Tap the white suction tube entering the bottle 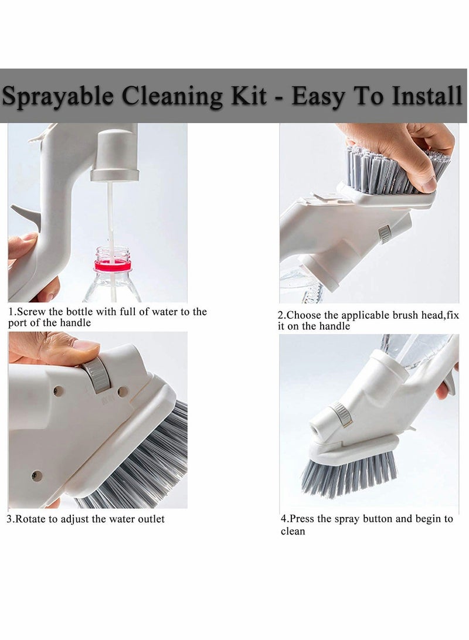click(110, 217)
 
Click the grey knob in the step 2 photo click(385, 234)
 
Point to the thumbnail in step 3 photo click(84, 346)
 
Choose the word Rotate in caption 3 click(32, 519)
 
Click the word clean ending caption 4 click(293, 532)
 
